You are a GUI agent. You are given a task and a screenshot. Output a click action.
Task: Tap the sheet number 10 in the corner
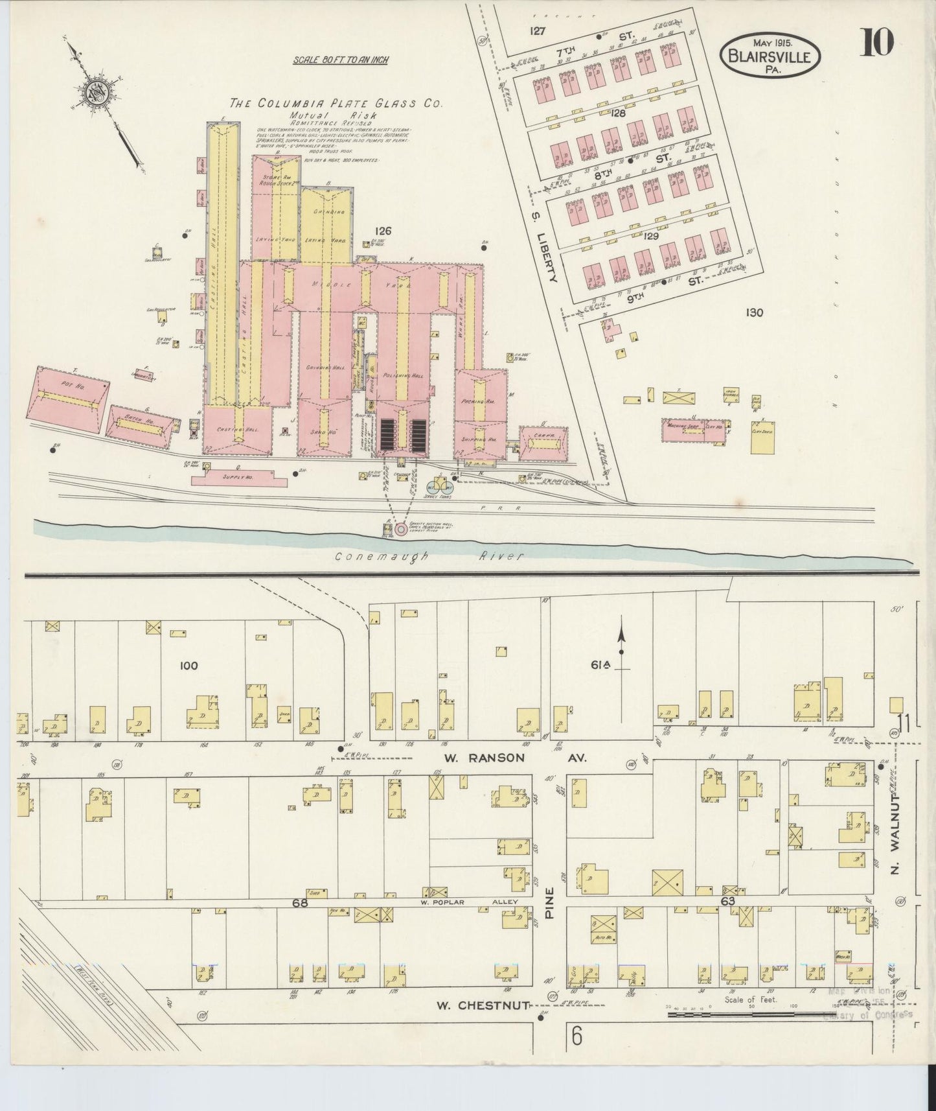point(877,43)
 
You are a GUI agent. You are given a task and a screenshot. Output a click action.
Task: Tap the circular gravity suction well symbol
point(401,529)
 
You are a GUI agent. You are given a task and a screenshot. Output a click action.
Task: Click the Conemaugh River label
point(428,555)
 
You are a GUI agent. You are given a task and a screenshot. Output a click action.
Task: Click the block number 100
point(188,665)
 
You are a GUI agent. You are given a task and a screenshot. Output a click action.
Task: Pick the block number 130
point(754,312)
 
